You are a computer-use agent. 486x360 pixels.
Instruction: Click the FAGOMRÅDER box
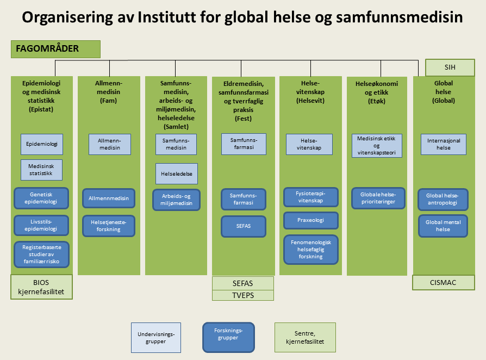tap(56, 49)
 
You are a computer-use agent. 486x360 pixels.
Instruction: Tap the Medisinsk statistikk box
tap(42, 170)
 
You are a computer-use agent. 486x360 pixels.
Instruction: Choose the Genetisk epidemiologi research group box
tap(42, 198)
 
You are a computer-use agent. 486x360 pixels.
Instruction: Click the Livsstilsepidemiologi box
tap(42, 226)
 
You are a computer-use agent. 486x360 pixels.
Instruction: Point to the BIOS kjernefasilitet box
tap(42, 287)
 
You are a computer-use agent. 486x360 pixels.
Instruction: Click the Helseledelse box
tap(176, 173)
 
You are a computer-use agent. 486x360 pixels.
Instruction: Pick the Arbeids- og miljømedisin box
tap(176, 200)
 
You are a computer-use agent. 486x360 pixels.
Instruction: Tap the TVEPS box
tap(243, 295)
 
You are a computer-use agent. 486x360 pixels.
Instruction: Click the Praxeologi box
tap(311, 220)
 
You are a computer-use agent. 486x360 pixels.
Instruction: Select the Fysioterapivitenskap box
tap(311, 197)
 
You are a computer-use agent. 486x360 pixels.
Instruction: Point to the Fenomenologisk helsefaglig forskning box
tap(311, 249)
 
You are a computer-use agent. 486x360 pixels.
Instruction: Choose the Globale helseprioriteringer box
tap(377, 198)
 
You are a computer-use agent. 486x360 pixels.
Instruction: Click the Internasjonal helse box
tap(444, 144)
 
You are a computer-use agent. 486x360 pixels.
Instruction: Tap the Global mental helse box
tap(444, 226)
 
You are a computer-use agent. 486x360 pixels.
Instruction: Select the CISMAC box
tap(444, 283)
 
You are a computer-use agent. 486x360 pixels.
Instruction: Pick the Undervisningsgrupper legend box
tap(156, 338)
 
